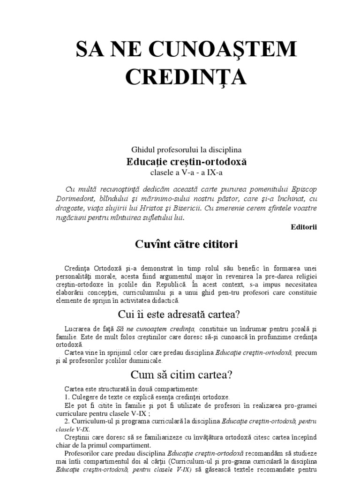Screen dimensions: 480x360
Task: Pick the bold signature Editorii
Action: (303, 227)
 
